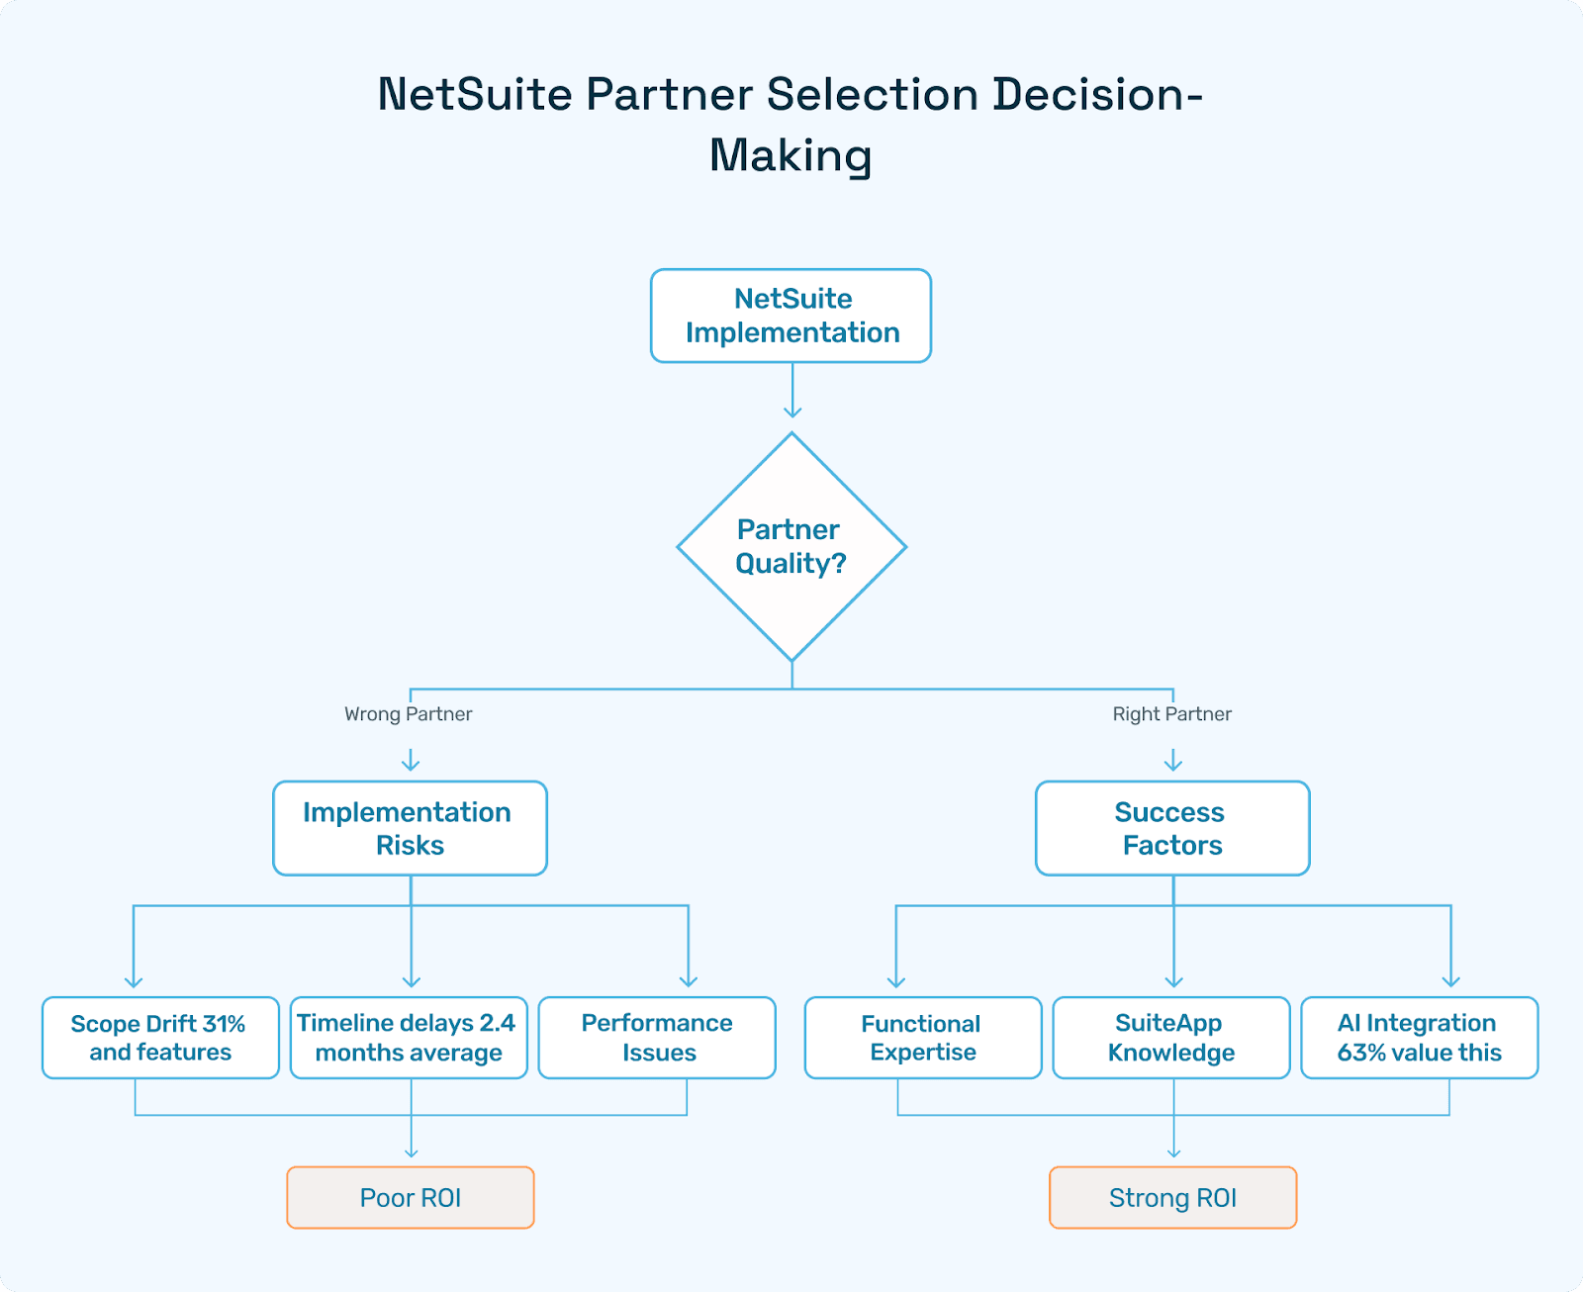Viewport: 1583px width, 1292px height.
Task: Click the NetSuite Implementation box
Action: (x=791, y=316)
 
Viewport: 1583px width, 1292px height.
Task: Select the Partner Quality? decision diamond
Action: (x=791, y=546)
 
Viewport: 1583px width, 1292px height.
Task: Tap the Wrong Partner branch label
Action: (x=408, y=714)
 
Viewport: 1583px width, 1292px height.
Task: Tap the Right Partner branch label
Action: (x=1171, y=714)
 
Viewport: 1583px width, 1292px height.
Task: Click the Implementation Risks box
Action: (x=410, y=828)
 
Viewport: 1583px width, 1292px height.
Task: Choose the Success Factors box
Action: (x=1172, y=828)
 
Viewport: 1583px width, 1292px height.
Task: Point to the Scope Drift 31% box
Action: (x=160, y=1038)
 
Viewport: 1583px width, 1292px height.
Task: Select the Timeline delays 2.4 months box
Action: (x=409, y=1038)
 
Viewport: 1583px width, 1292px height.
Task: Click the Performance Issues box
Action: (x=657, y=1038)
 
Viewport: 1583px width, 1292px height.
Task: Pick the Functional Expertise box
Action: (x=922, y=1038)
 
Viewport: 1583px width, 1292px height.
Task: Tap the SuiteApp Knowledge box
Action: (x=1171, y=1038)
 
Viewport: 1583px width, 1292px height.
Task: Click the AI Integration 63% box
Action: (x=1419, y=1038)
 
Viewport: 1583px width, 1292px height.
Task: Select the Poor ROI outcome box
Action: (x=411, y=1198)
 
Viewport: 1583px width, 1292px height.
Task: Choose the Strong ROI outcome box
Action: (x=1172, y=1198)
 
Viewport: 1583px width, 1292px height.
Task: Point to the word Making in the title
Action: (x=791, y=156)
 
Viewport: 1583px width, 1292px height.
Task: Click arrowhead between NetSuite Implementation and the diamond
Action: (x=792, y=411)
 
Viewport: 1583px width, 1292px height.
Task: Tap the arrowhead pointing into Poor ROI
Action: (x=412, y=1152)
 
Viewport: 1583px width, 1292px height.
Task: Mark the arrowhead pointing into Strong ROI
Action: (x=1174, y=1152)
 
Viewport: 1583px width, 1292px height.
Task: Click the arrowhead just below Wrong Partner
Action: (x=411, y=764)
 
